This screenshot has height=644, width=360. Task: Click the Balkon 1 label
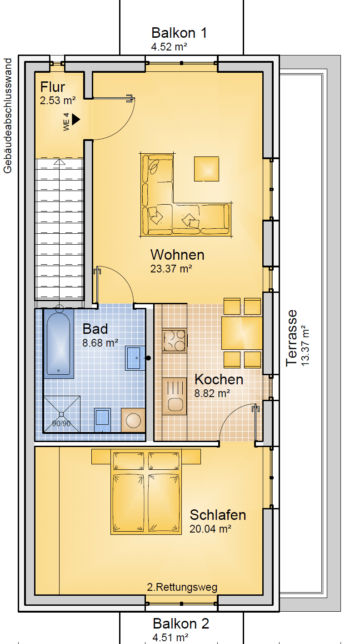click(x=179, y=33)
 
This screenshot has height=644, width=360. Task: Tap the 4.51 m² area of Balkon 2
click(x=170, y=637)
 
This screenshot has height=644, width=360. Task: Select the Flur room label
click(x=53, y=86)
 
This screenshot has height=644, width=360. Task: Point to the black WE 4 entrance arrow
click(x=76, y=119)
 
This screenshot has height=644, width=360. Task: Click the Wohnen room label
click(x=177, y=255)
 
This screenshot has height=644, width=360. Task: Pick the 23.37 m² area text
click(x=171, y=268)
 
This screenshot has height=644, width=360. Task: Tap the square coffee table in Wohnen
click(x=206, y=169)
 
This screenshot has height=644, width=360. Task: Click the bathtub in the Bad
click(x=59, y=342)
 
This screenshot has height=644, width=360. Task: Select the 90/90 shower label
click(x=61, y=423)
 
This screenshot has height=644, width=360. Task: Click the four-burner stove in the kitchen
click(x=174, y=341)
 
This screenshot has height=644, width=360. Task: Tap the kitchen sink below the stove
click(x=175, y=396)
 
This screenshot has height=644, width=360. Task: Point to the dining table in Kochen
click(x=242, y=333)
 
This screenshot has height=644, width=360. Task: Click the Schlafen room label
click(x=218, y=515)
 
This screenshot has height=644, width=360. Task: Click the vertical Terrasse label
click(x=291, y=337)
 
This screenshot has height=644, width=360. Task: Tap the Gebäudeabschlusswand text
click(x=7, y=116)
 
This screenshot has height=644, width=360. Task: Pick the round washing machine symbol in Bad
click(x=133, y=420)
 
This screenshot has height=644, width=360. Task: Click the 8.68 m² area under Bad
click(x=100, y=343)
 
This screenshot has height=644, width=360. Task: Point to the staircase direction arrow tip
click(x=60, y=160)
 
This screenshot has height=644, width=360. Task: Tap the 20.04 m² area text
click(x=210, y=529)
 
